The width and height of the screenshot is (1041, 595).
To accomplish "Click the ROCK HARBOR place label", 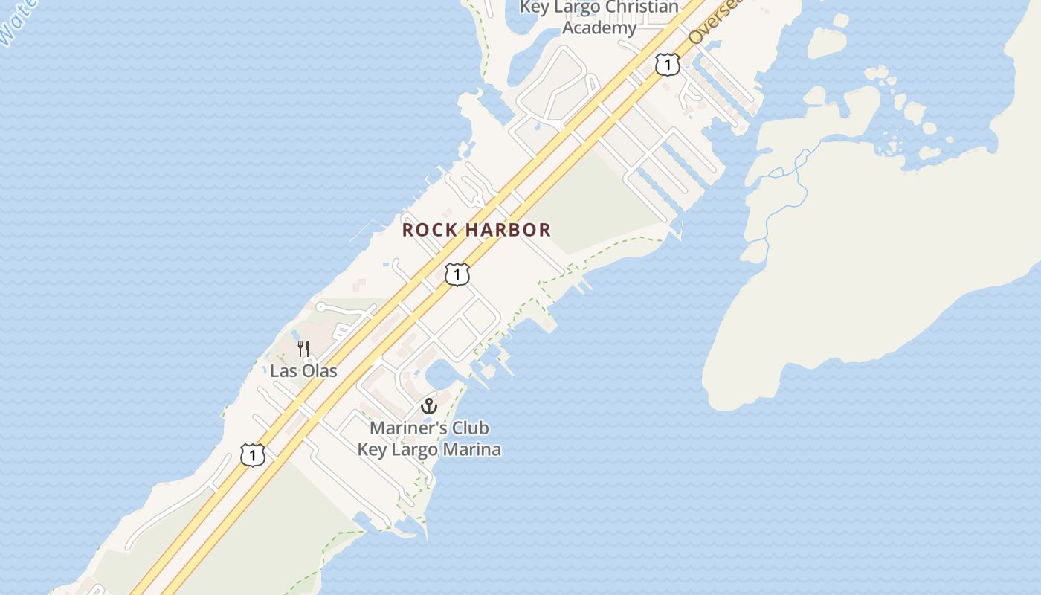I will pyautogui.click(x=477, y=230).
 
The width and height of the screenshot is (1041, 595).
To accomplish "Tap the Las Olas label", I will pyautogui.click(x=303, y=370).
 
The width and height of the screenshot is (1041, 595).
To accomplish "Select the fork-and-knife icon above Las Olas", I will pyautogui.click(x=303, y=348).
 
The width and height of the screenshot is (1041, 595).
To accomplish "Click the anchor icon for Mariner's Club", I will pyautogui.click(x=428, y=406).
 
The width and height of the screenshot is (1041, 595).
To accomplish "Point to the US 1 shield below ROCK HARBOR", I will pyautogui.click(x=457, y=274).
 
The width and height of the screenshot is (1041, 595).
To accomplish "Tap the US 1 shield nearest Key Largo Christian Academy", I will pyautogui.click(x=668, y=65).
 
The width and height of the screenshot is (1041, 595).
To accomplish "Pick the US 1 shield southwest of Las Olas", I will pyautogui.click(x=253, y=454).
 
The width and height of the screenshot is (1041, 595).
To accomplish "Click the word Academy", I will pyautogui.click(x=599, y=28).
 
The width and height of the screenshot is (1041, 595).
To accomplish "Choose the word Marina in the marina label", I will pyautogui.click(x=472, y=449).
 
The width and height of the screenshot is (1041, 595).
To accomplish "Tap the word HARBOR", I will pyautogui.click(x=512, y=230).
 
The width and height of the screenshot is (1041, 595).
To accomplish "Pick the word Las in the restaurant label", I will pyautogui.click(x=282, y=370).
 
